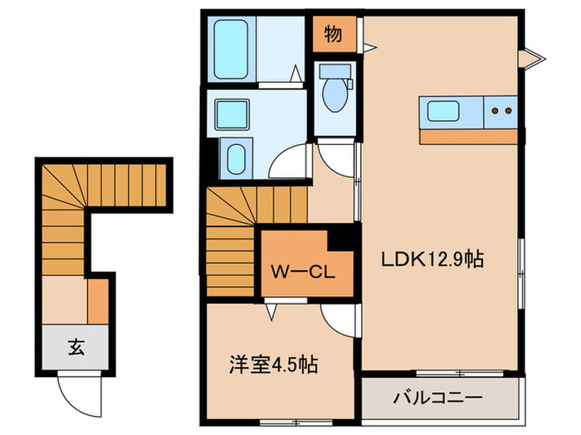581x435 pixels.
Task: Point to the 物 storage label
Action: pyautogui.click(x=334, y=35)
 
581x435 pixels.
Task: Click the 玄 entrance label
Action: pyautogui.click(x=73, y=346)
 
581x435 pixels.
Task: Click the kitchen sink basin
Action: pyautogui.click(x=447, y=111)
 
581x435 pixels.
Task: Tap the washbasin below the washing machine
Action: pyautogui.click(x=236, y=157)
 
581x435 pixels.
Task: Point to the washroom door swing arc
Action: pyautogui.click(x=291, y=162)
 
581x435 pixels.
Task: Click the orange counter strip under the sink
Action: pyautogui.click(x=471, y=135)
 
